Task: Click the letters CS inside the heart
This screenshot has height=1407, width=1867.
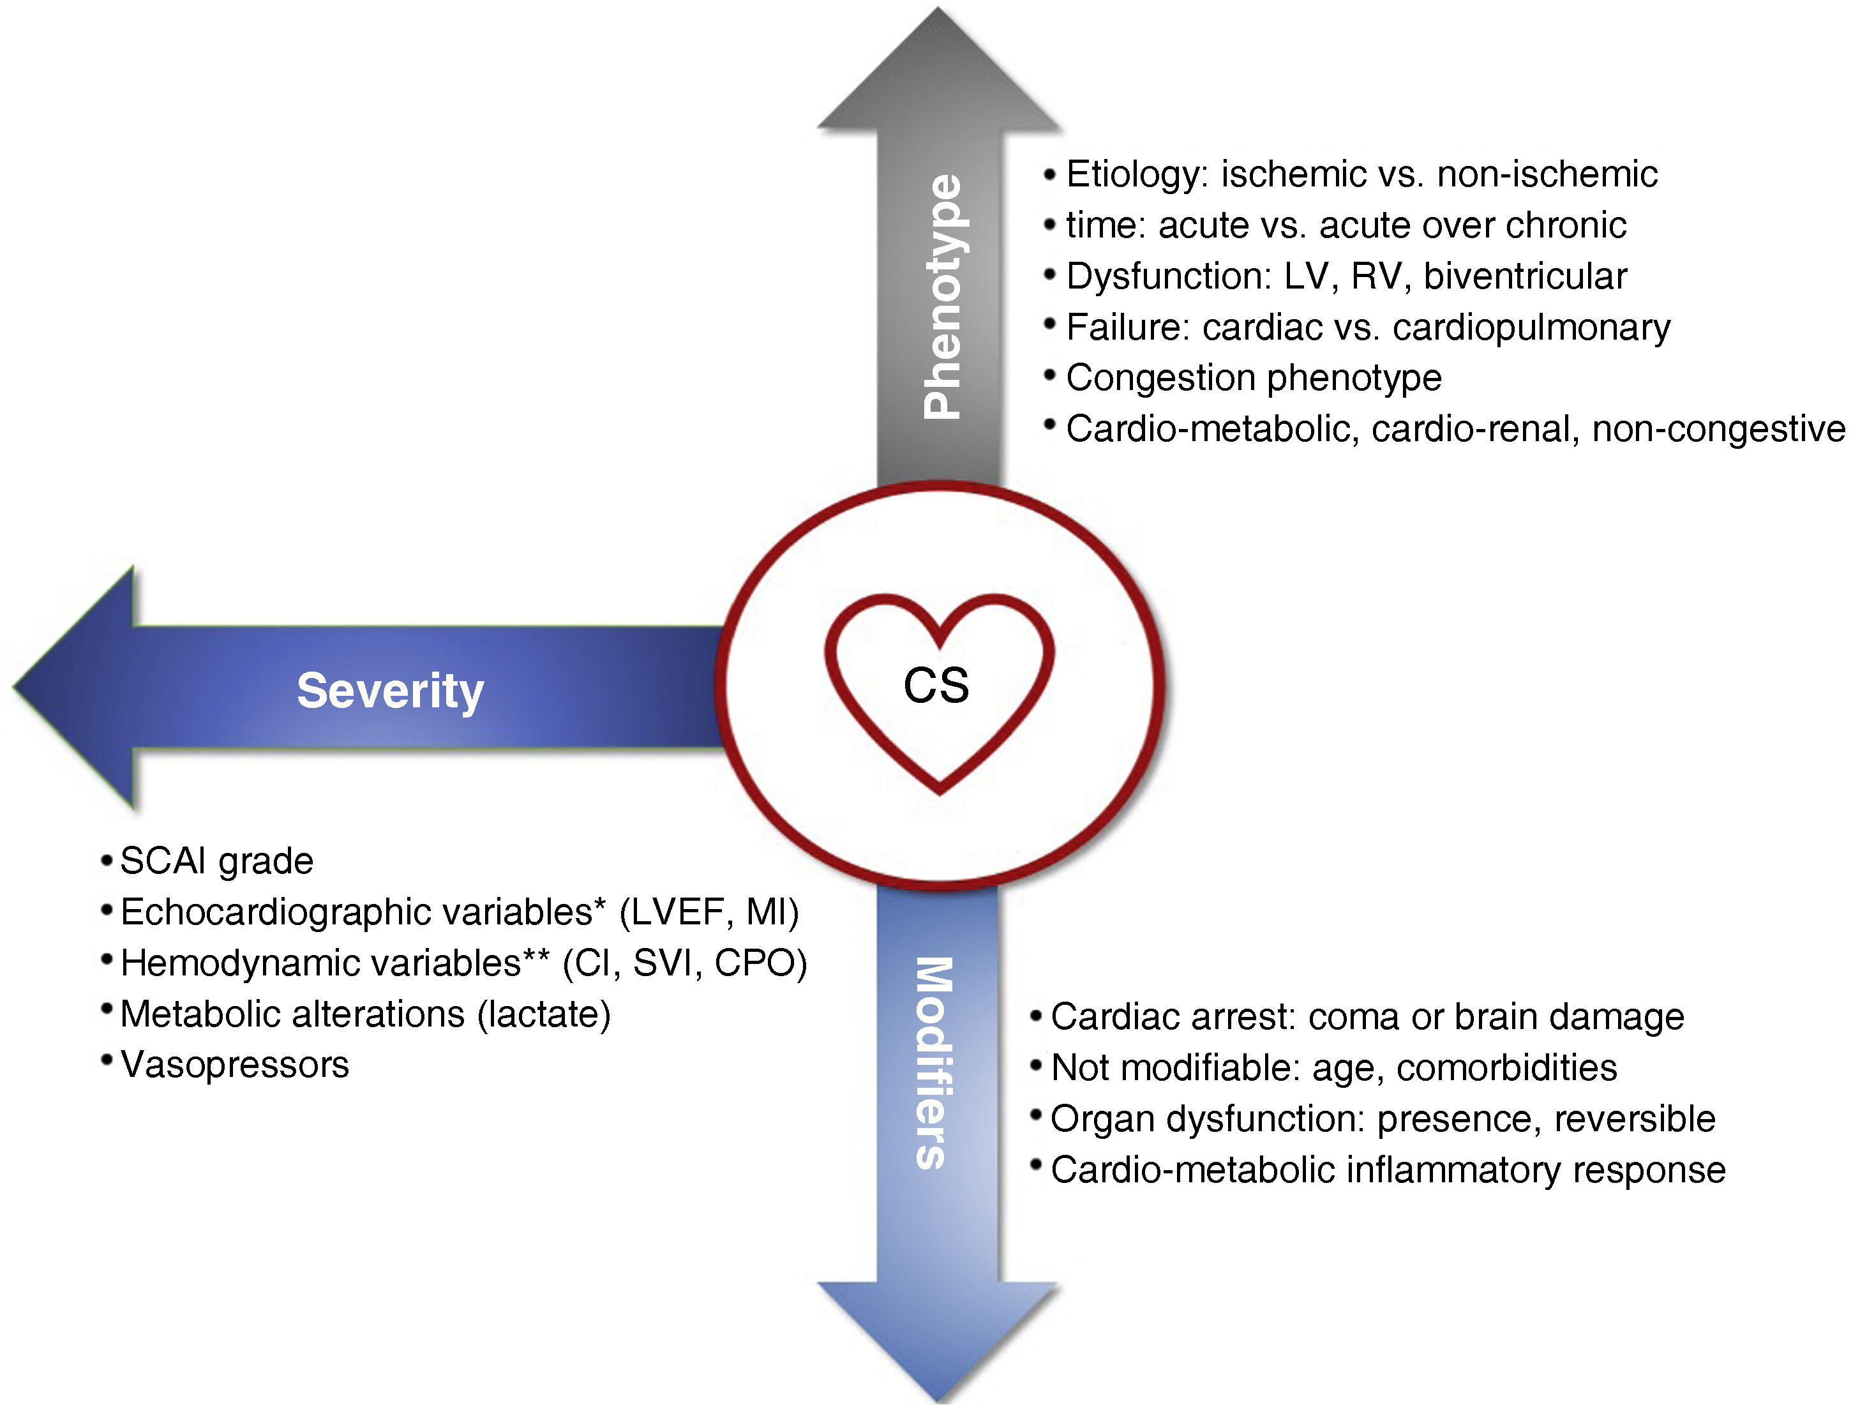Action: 936,686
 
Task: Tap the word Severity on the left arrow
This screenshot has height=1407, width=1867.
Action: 390,691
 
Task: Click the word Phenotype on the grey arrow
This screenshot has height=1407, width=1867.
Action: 942,296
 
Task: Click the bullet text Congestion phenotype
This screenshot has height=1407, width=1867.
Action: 1254,378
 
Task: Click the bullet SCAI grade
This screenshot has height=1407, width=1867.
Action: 216,862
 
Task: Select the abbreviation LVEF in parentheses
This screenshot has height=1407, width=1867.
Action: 679,912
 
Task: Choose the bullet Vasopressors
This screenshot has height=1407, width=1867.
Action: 235,1065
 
